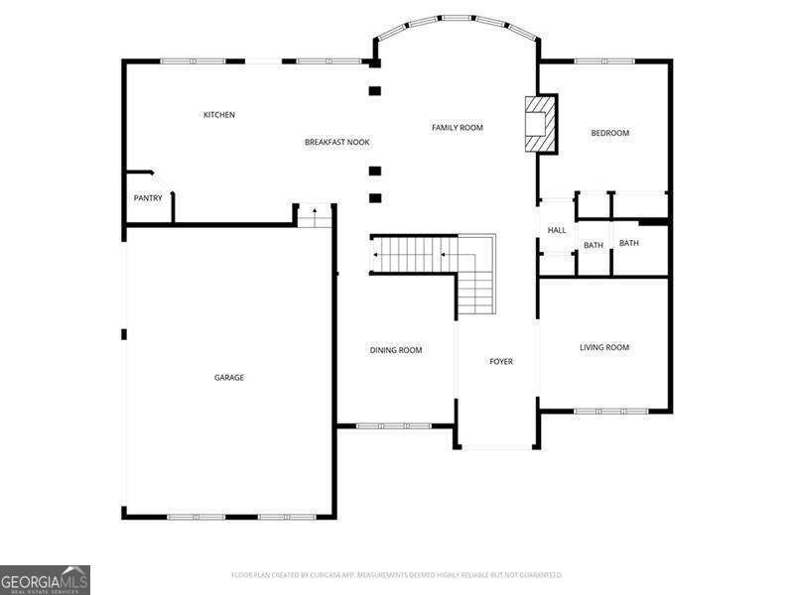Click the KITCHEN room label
219,115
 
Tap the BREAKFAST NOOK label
336,143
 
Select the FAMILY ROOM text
458,127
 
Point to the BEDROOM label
610,133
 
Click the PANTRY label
148,198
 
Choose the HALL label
557,230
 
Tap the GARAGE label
229,377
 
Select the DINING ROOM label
396,350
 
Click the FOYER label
501,361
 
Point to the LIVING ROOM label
604,347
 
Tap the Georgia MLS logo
46,579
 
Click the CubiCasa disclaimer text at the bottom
397,575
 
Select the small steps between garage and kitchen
315,215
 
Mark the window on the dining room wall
394,426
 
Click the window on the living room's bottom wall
610,411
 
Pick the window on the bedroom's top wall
604,61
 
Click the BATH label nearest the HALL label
594,245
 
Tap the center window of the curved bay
457,18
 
